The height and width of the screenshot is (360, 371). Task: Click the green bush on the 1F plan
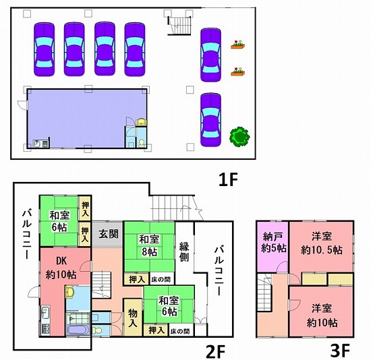(239, 137)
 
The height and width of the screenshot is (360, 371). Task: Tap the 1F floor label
(227, 180)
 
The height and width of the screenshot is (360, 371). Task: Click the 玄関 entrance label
(109, 234)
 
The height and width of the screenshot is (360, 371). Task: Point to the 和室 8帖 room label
(149, 245)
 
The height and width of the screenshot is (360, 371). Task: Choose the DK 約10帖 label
(61, 268)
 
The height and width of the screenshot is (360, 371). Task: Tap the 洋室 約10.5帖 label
(322, 243)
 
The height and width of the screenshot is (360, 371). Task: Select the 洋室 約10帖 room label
(322, 316)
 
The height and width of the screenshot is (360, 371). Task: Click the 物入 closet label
(132, 318)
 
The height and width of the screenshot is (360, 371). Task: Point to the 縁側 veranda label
(184, 251)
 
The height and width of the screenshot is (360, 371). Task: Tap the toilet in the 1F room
(141, 144)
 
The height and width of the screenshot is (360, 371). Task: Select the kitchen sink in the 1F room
(37, 144)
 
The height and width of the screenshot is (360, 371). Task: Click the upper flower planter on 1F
(238, 44)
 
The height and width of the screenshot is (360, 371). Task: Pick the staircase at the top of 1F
(179, 26)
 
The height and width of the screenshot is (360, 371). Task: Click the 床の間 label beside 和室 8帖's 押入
(161, 280)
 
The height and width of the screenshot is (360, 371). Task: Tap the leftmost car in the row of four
(45, 49)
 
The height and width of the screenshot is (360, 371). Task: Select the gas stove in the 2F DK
(46, 329)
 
